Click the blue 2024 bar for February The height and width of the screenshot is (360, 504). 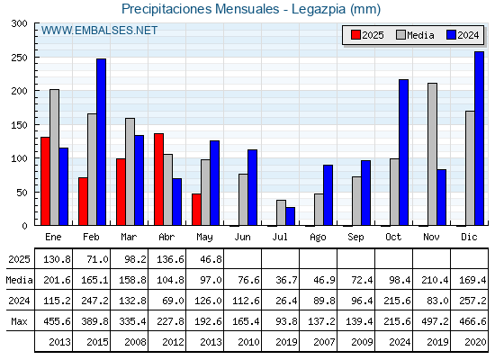101,142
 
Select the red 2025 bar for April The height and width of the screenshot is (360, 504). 158,179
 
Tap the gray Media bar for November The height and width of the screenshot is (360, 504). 432,154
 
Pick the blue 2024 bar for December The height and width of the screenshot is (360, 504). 479,139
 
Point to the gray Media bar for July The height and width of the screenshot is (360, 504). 281,212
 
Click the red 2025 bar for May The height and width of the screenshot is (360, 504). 196,210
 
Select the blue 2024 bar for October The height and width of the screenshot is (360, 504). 404,152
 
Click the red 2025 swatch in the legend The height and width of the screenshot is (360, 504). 355,35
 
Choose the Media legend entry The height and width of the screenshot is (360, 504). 415,35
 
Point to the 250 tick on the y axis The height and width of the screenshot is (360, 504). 35,58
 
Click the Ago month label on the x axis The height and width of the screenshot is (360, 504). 318,238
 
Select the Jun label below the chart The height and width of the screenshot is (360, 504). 242,237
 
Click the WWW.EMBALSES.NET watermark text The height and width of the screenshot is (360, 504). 99,31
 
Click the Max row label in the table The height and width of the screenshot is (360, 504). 19,321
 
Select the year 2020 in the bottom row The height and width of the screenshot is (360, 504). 475,342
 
